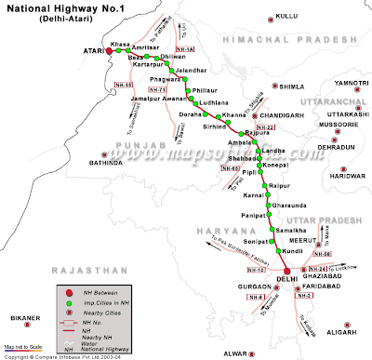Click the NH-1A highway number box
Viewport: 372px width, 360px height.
(184, 49)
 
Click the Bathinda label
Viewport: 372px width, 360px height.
(106, 162)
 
